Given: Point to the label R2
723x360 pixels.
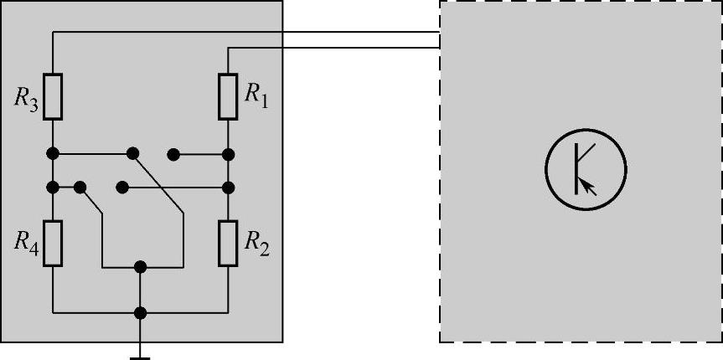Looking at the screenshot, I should tap(256, 242).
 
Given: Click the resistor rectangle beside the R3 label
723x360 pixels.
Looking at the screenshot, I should tap(53, 95).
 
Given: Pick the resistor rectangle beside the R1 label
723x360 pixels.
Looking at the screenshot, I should tap(228, 95).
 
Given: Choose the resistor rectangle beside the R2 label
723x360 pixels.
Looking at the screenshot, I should tap(228, 243).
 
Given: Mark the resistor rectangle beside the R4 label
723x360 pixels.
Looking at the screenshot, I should tap(53, 243).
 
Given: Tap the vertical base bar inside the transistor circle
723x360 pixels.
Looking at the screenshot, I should tap(576, 167).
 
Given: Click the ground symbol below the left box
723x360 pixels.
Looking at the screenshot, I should tap(141, 356).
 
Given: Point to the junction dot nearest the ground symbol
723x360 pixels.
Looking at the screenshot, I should tap(141, 313).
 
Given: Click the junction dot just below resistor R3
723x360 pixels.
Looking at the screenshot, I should tap(53, 154).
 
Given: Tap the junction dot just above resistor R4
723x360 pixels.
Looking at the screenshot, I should tap(53, 186).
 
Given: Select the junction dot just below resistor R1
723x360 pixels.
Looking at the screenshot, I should tap(228, 154).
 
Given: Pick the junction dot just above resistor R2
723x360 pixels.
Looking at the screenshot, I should tap(228, 186).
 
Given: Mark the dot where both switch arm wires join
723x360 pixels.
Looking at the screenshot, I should tap(141, 267).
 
